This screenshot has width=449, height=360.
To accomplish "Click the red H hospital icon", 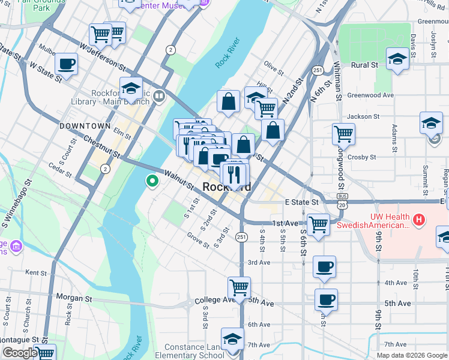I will pos(419,221).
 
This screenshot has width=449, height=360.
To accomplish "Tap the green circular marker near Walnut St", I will pos(152,180).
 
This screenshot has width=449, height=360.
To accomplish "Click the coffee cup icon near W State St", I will pos(66,64).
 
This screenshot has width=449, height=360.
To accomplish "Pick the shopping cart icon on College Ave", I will pos(239,287).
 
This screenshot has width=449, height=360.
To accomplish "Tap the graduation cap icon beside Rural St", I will pos(397,59).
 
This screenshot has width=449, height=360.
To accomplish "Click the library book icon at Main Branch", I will pos(159,95).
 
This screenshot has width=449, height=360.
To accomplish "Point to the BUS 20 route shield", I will pos(342,201).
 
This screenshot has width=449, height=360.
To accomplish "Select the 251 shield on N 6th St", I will pos(317,70).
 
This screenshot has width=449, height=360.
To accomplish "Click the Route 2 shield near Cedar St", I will pos(105,170).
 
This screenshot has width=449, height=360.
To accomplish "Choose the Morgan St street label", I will pos(74,297).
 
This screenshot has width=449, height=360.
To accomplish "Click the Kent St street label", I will pos(37,272).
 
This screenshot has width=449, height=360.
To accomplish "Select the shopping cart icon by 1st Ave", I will pos(318,224).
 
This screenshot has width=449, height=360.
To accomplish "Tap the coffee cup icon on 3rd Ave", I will pos(325,266).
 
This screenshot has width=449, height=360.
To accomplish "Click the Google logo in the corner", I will pos(19,353).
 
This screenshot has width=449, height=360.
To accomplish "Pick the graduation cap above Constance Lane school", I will pos(232,338).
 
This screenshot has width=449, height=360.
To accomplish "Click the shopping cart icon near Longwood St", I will pos(343,133).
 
